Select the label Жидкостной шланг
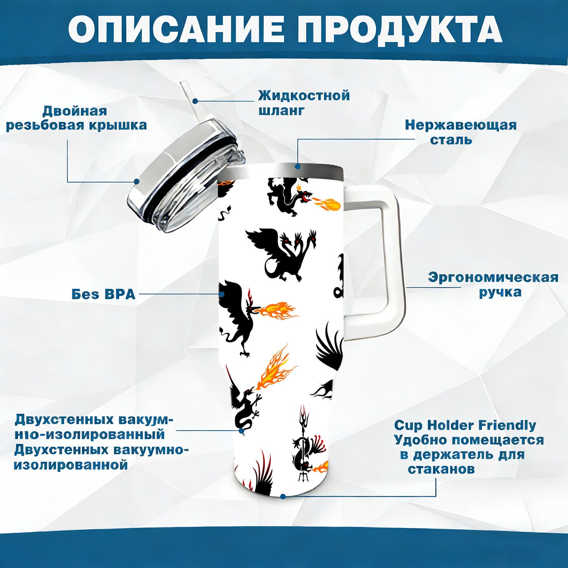tap(304, 103)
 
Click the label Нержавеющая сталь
tap(460, 132)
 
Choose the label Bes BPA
tap(103, 294)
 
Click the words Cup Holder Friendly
tap(465, 425)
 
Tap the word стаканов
tap(441, 469)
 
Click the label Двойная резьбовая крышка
tap(76, 118)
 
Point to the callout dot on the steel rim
tap(297, 166)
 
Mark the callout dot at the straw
tap(195, 101)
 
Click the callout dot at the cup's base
tap(283, 496)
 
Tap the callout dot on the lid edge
tap(137, 181)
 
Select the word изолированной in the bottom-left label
tap(71, 465)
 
